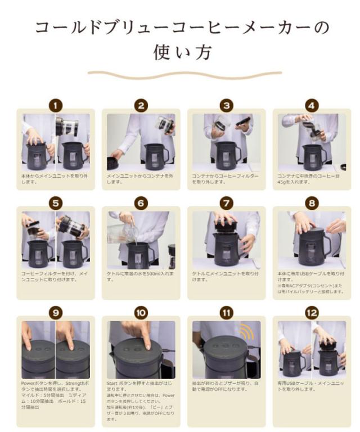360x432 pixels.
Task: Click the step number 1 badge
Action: [x=56, y=105]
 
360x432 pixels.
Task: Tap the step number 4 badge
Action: [x=311, y=105]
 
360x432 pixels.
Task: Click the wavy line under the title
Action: [x=180, y=74]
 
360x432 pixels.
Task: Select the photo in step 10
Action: [x=141, y=349]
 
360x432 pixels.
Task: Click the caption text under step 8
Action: [x=311, y=284]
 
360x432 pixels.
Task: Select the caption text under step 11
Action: [x=226, y=386]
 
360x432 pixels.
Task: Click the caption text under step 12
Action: [x=311, y=386]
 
